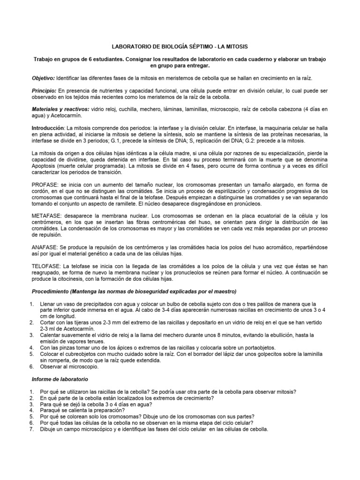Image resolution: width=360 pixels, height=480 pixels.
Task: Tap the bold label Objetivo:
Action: point(43,77)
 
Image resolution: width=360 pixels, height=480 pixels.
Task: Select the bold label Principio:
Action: point(44,90)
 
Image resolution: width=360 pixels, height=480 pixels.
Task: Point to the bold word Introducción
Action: point(48,127)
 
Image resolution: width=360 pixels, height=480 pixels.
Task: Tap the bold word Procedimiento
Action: point(52,291)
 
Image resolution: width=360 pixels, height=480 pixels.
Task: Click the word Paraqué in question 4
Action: point(51,410)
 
